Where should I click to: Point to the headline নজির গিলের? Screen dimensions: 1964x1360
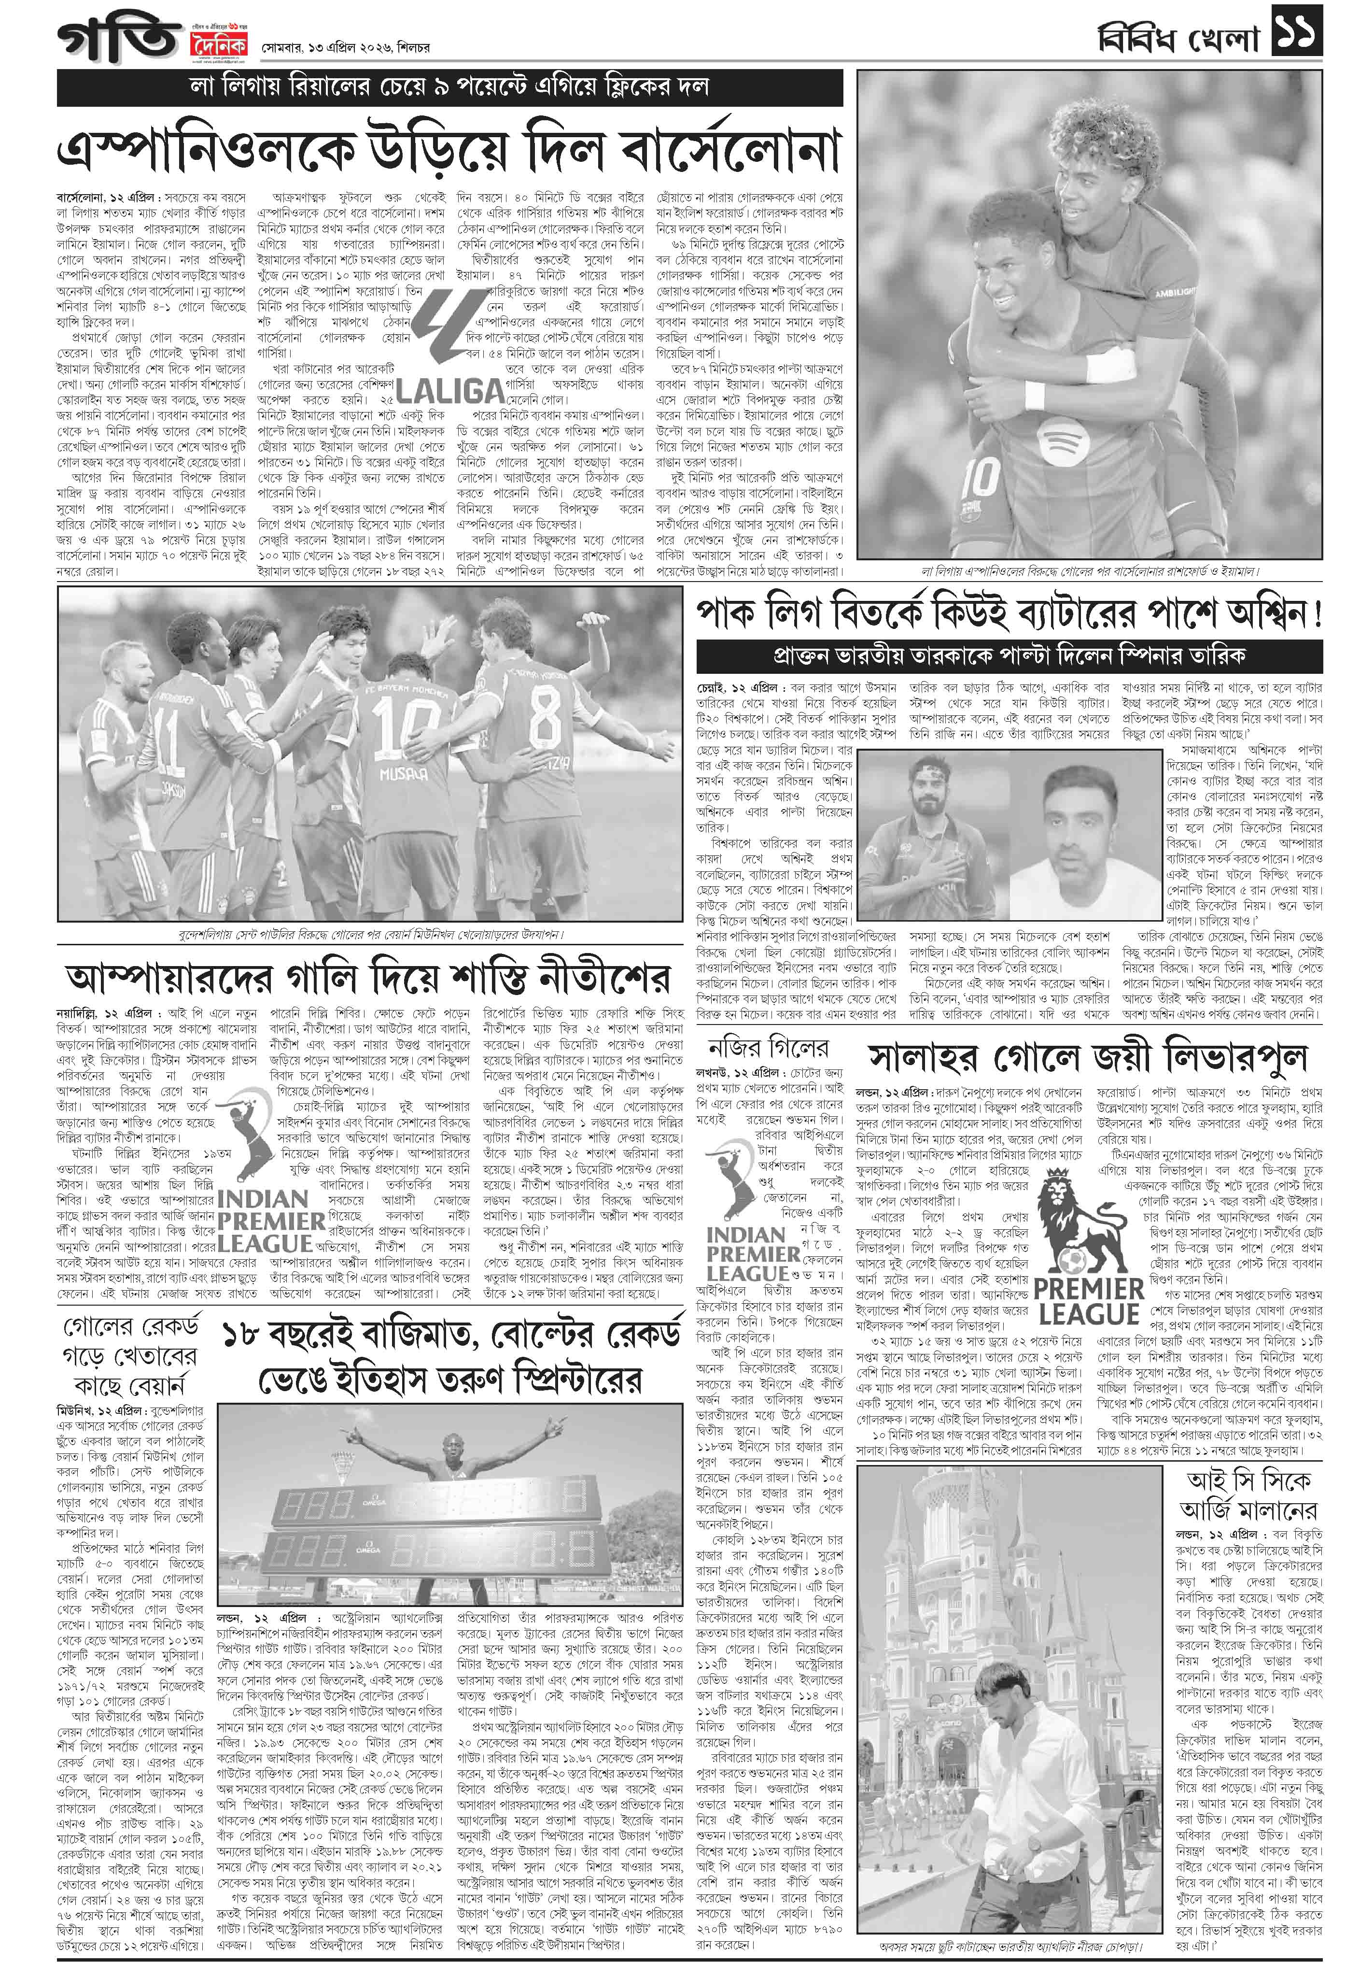point(768,1048)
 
